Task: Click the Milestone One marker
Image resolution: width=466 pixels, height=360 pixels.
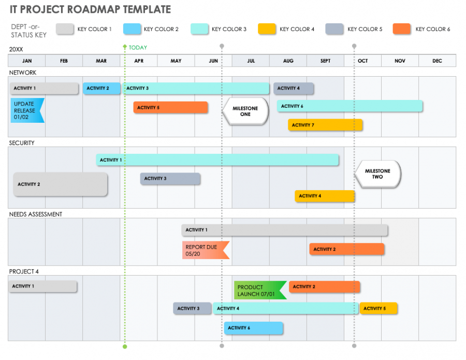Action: click(245, 111)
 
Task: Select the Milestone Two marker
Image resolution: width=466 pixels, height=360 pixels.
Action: click(378, 174)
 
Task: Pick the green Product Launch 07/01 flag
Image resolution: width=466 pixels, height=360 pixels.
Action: click(259, 291)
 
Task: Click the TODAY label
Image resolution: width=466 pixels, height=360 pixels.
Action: click(138, 48)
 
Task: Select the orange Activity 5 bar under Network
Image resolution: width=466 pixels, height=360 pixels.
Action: click(170, 107)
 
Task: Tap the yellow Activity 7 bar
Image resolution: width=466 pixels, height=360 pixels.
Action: click(325, 125)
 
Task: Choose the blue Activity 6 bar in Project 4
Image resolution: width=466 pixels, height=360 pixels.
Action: click(253, 328)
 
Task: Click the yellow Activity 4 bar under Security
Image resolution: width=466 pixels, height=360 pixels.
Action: click(325, 196)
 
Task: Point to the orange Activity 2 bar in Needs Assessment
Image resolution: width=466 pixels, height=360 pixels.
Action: click(346, 249)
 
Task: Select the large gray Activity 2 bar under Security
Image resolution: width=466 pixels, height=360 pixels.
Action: click(60, 184)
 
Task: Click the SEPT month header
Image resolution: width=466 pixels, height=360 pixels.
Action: click(325, 61)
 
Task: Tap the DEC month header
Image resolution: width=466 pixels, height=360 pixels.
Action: click(438, 61)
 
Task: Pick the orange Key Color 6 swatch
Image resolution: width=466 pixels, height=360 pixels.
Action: click(402, 29)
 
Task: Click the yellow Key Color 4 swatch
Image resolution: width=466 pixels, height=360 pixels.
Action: click(266, 29)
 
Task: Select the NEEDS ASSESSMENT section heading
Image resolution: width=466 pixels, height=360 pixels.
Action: click(36, 214)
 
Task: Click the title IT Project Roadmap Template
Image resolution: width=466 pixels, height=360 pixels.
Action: click(90, 9)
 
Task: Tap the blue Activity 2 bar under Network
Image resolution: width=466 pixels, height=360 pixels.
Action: click(101, 88)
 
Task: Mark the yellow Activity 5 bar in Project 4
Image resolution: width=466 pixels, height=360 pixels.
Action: click(378, 309)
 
